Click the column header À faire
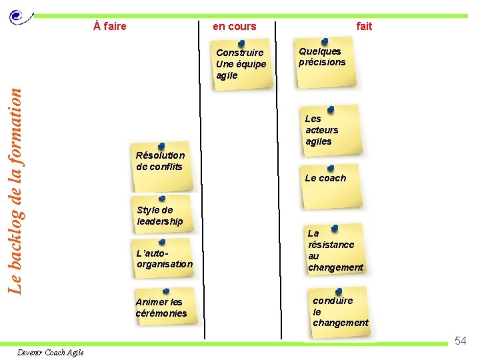point(110,27)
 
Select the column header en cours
point(234,27)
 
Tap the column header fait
point(364,27)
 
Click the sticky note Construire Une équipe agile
point(241,65)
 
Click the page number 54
point(460,341)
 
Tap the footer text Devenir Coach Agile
point(51,353)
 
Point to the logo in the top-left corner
point(20,18)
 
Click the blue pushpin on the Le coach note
point(331,169)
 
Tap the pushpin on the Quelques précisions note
point(325,42)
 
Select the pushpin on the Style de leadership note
point(163,198)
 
